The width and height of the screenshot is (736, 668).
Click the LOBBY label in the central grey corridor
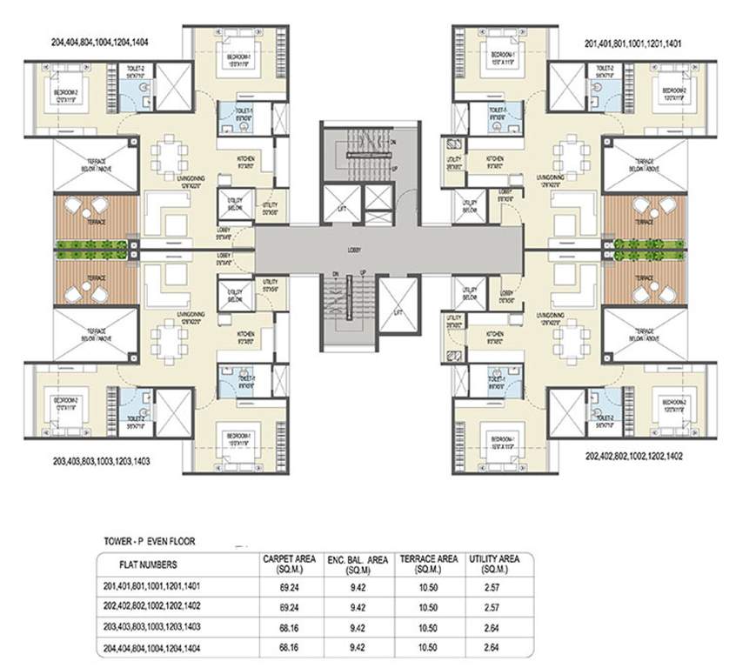pyautogui.click(x=352, y=250)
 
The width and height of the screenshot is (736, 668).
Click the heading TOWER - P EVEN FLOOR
pyautogui.click(x=146, y=542)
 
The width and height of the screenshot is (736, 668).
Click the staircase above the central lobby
pyautogui.click(x=351, y=143)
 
